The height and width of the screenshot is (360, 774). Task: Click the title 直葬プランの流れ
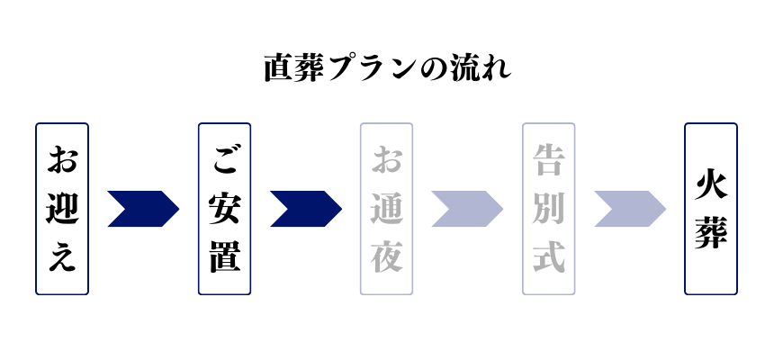pos(387,68)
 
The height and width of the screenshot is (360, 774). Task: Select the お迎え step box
pos(62,209)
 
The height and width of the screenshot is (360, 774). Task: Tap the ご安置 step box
pos(224,209)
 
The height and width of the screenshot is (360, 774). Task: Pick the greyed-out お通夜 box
pos(386,209)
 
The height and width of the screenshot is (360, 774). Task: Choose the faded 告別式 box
pos(548,209)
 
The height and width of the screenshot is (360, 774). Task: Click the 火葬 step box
pos(711,209)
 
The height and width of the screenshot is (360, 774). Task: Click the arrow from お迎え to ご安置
pos(143,209)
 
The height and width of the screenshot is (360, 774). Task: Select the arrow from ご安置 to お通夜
pos(305,209)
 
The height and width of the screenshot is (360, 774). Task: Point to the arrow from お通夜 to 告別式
pos(467,209)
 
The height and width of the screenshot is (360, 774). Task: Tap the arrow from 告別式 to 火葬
pos(629,209)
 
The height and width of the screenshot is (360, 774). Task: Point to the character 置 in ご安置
pos(224,256)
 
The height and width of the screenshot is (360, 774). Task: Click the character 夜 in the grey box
pos(386,256)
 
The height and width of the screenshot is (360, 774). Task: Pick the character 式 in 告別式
pos(548,256)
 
